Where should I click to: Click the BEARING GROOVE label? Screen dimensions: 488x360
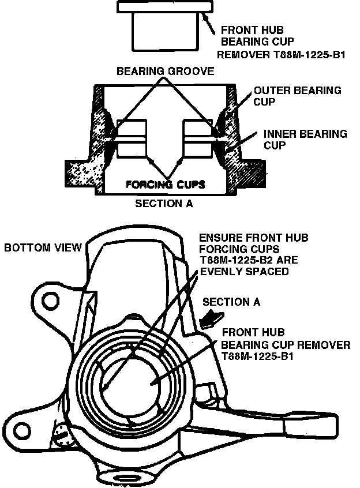coord(166,72)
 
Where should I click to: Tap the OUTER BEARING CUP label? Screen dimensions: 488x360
coord(297,96)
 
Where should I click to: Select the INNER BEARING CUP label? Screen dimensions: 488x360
coord(305,139)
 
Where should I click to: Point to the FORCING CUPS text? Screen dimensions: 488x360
coord(166,185)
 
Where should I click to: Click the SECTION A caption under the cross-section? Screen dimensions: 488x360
coord(164,204)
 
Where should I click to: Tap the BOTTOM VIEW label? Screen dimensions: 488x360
coord(43,248)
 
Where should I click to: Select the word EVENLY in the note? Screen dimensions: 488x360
coord(217,271)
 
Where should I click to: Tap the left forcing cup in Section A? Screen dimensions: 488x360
coord(131,138)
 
